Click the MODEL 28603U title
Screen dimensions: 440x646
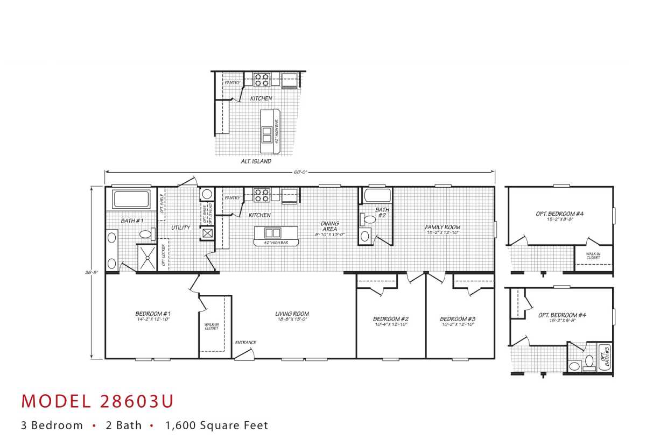coord(97,401)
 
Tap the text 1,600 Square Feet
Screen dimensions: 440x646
coord(216,425)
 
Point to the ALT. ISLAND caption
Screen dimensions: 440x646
coord(256,161)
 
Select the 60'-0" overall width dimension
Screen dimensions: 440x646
coord(300,172)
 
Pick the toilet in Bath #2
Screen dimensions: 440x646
coord(369,219)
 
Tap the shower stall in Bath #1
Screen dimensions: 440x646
coord(145,257)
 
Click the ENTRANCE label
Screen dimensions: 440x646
coord(245,343)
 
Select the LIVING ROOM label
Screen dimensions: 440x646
coord(292,314)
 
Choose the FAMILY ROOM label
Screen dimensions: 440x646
coord(443,227)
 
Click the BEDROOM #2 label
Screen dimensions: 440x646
coord(391,318)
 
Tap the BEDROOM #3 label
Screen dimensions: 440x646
coord(458,318)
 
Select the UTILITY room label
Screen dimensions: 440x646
coord(180,228)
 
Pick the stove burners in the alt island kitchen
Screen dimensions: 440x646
coord(262,80)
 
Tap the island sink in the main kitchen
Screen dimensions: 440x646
coord(273,233)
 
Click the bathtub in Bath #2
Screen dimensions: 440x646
coord(375,195)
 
